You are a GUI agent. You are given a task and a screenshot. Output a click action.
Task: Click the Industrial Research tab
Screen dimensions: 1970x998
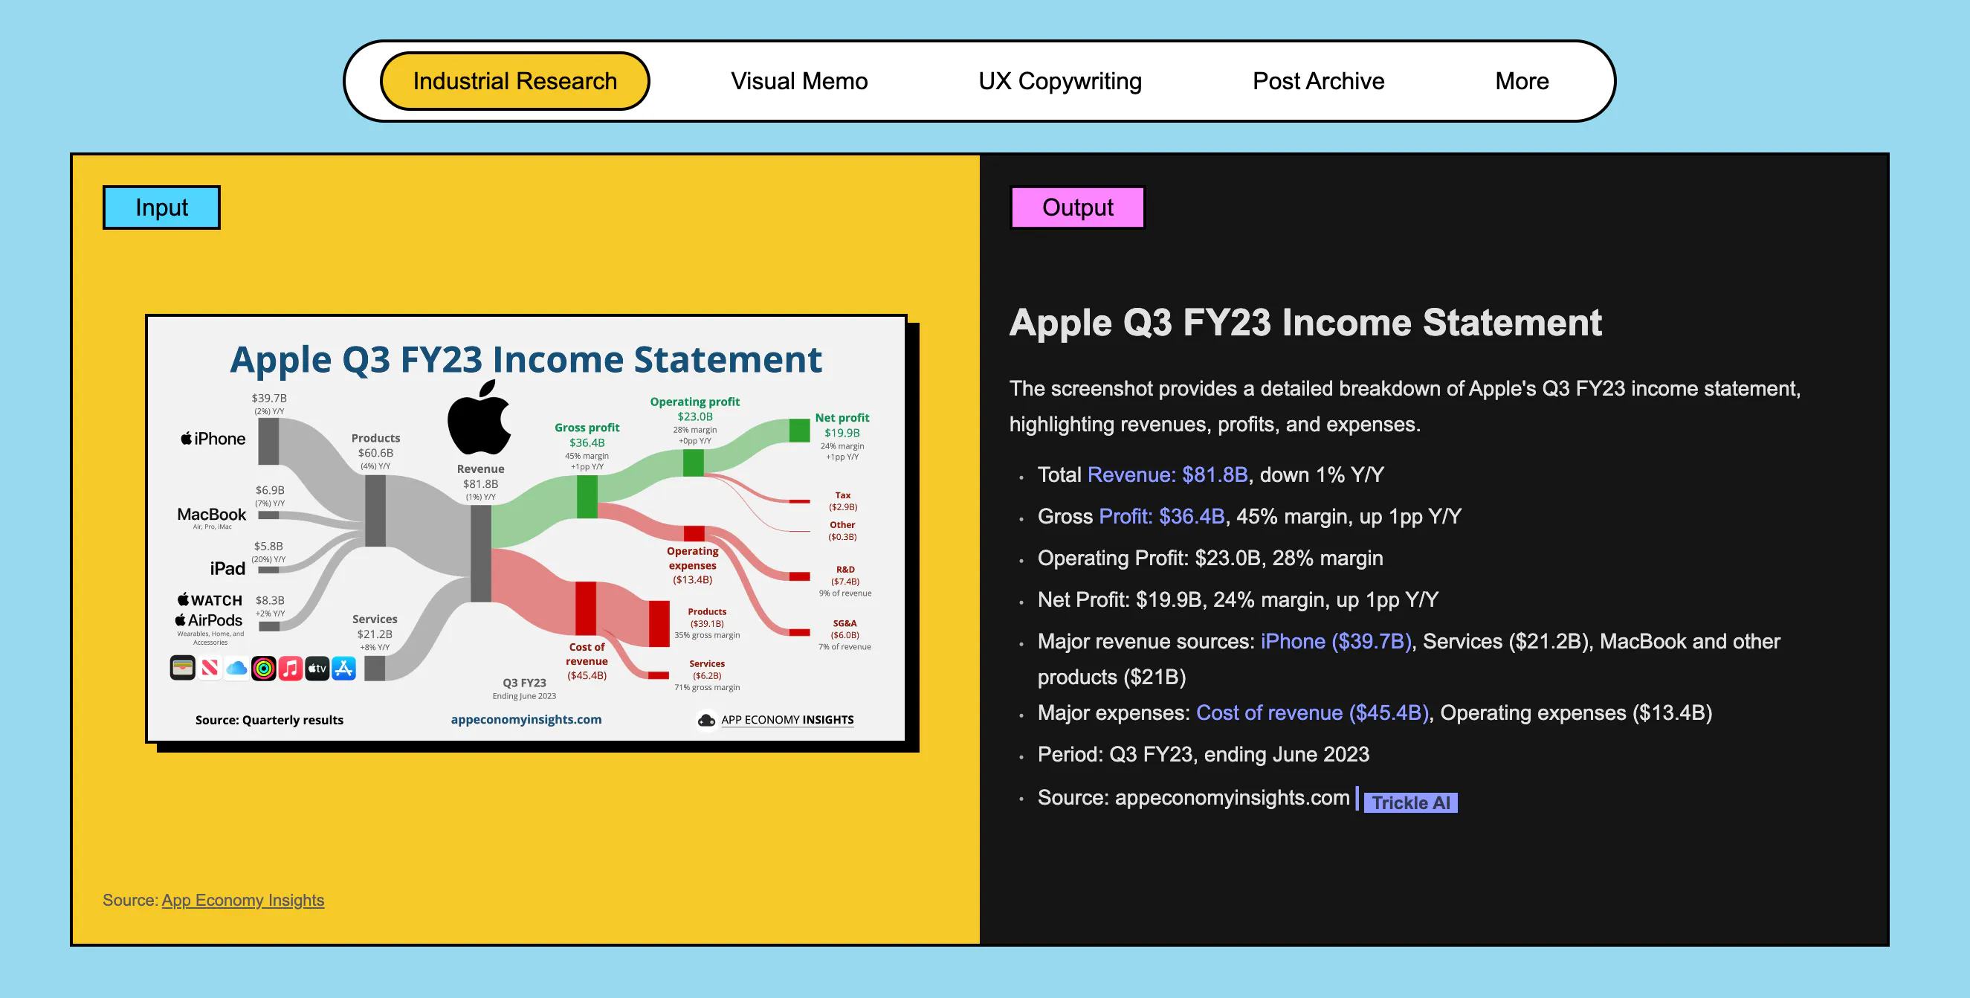[514, 81]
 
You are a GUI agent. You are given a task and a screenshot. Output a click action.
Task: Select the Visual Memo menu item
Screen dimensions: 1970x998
[799, 81]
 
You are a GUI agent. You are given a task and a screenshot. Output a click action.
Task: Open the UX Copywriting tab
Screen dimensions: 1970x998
[1060, 81]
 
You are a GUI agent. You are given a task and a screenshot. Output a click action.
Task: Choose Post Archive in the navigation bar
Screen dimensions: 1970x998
[1319, 81]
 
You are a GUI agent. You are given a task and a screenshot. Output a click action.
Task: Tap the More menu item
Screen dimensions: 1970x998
[1522, 81]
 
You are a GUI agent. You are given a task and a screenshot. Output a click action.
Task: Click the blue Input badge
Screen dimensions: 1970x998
[161, 207]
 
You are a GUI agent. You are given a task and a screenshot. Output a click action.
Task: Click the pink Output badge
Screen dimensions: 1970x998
[1077, 207]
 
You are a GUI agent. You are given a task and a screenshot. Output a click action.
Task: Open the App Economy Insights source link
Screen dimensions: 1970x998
[243, 900]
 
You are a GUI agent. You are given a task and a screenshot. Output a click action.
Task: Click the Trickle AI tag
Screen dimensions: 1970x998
[1410, 802]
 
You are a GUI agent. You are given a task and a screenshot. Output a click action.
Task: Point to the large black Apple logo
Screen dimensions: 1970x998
[479, 419]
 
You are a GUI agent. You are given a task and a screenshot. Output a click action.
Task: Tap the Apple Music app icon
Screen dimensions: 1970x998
[290, 669]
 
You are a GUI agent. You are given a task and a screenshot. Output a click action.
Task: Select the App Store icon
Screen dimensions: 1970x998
[344, 669]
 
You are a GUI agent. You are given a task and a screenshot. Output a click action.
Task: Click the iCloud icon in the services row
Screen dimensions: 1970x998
[236, 669]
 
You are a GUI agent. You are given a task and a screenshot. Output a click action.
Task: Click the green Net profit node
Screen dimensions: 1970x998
[799, 430]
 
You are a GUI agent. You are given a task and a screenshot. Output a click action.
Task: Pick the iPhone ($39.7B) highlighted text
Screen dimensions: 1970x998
[1335, 641]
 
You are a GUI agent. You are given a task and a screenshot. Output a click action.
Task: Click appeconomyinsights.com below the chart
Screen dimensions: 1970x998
[526, 719]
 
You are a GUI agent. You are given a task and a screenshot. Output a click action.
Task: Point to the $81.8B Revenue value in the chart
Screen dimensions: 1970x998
[480, 483]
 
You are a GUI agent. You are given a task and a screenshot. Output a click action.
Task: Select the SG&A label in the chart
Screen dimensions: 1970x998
[844, 623]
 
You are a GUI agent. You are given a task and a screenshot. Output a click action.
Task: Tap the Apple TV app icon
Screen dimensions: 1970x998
[317, 669]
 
